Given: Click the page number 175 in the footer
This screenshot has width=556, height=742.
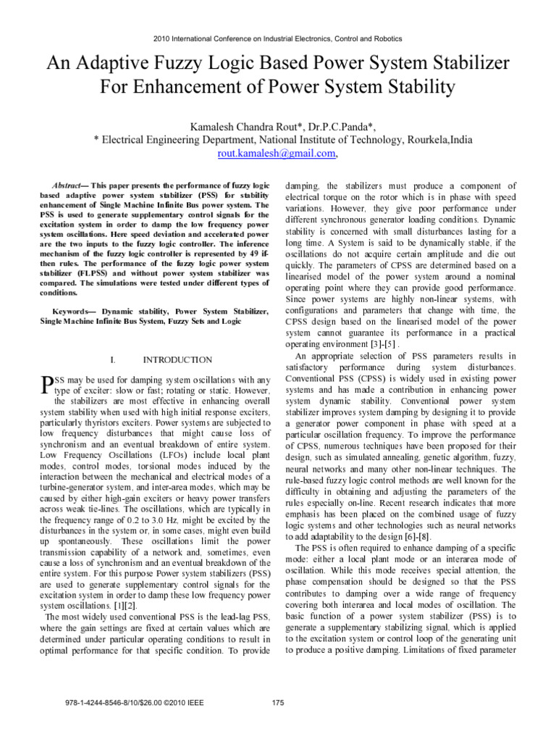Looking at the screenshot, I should click(277, 702).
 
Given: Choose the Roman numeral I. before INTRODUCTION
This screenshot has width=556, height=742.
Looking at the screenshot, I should click(112, 359).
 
